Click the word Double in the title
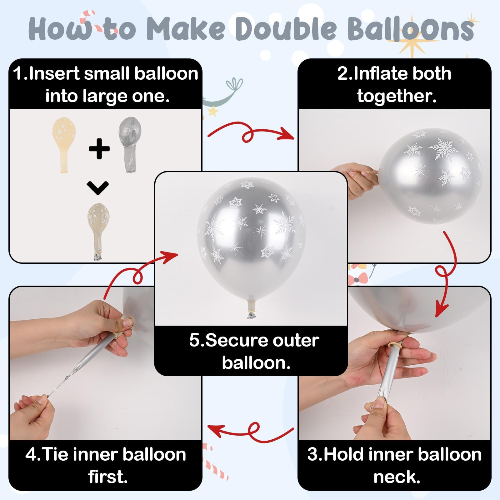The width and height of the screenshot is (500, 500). coord(287,29)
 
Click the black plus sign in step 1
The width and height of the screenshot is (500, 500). coord(99,148)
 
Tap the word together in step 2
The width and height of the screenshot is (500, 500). coord(397,96)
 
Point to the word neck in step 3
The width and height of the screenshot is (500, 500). coord(397,477)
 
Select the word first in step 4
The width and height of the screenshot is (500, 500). coord(108,477)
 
